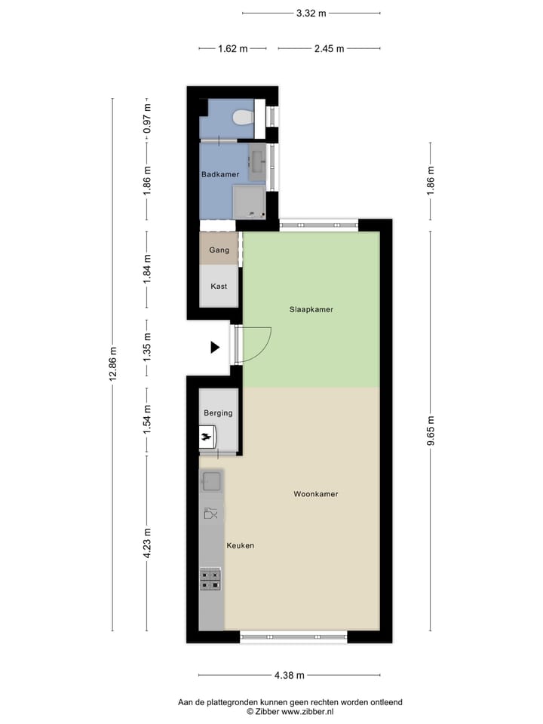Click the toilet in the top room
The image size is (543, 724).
click(243, 118)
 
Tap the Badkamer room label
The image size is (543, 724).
click(220, 174)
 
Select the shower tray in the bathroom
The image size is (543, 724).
click(249, 201)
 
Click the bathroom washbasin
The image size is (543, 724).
click(257, 160)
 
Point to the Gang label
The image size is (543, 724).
click(219, 250)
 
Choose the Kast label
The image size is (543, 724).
click(219, 287)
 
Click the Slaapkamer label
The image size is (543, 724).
click(311, 309)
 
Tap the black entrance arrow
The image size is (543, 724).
click(215, 348)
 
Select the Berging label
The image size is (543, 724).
click(218, 413)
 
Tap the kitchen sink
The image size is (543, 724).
click(211, 480)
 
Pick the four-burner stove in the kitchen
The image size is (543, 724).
click(210, 579)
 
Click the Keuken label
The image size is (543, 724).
click(241, 546)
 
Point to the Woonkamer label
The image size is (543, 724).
click(316, 495)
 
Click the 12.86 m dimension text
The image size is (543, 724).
click(114, 365)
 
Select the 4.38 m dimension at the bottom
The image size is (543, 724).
click(290, 676)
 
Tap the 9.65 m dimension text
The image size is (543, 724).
click(431, 431)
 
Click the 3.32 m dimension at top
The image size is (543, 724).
click(311, 13)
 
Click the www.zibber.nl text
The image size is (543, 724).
click(307, 711)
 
